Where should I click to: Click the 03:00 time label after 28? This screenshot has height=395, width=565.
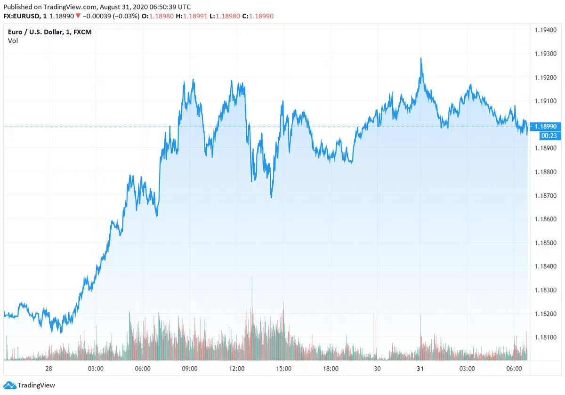tap(96, 369)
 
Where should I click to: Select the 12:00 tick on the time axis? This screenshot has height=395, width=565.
tap(236, 369)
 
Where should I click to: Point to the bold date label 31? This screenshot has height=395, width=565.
tap(420, 369)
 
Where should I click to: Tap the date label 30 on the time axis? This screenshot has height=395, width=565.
tap(377, 369)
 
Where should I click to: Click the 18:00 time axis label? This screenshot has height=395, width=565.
tap(331, 369)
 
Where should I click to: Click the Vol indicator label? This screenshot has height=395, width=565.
tap(13, 41)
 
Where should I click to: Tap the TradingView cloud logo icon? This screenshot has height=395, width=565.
tap(9, 385)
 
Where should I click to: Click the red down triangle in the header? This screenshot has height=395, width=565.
tap(78, 16)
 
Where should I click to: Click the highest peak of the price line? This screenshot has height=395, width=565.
tap(421, 58)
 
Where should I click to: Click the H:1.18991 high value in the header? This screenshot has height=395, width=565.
tap(191, 16)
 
